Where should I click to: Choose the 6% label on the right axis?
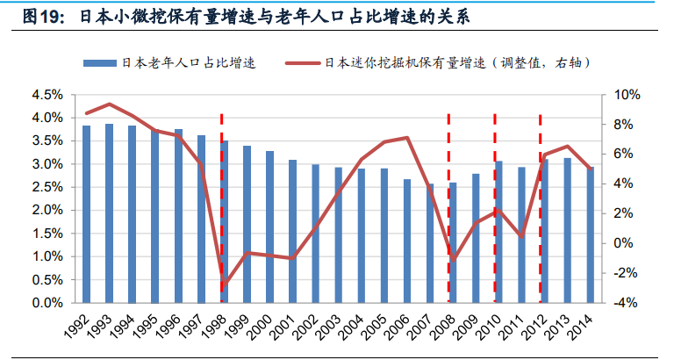[x=624, y=154]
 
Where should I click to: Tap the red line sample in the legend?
[x=303, y=62]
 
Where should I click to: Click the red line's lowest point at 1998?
[x=223, y=287]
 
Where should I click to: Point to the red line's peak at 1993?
[x=109, y=104]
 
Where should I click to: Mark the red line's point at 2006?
[x=406, y=138]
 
